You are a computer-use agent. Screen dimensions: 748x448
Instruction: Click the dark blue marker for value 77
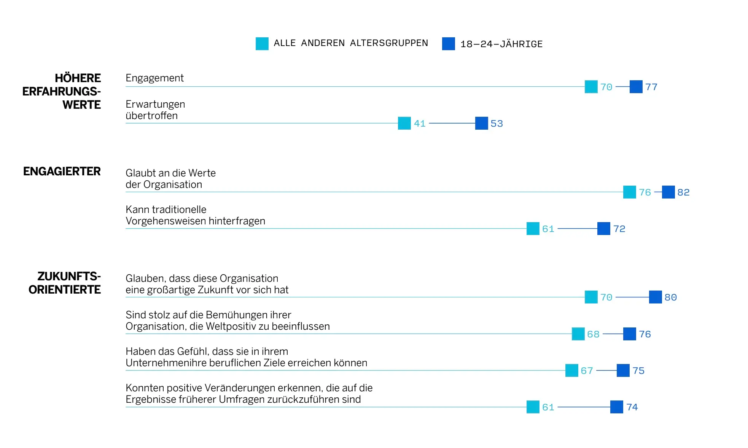(636, 87)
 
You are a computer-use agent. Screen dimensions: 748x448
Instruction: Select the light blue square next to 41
(404, 123)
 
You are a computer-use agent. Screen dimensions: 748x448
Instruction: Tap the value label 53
(497, 124)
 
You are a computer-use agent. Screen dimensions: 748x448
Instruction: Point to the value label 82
(683, 192)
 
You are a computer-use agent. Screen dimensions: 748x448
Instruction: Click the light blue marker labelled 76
(629, 192)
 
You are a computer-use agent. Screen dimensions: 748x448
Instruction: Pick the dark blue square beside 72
(603, 229)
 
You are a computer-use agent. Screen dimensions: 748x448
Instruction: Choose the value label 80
(670, 297)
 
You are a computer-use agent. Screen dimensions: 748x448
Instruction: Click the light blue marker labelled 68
(578, 334)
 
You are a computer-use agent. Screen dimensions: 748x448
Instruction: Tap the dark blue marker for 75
(623, 370)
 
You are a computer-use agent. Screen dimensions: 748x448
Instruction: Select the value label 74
(632, 407)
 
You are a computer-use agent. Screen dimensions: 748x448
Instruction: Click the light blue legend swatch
(262, 44)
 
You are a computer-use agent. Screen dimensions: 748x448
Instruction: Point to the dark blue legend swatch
(448, 44)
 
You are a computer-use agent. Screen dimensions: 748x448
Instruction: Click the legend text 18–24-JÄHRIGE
(501, 44)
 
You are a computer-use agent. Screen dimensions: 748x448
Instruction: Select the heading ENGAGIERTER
(62, 172)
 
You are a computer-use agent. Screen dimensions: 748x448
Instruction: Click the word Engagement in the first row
(154, 78)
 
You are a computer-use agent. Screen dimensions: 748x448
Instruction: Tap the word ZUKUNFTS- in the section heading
(69, 276)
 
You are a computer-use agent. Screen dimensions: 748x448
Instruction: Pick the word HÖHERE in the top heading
(78, 78)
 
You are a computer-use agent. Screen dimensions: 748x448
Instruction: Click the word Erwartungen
(155, 104)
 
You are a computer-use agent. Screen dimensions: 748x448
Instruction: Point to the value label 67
(587, 371)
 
